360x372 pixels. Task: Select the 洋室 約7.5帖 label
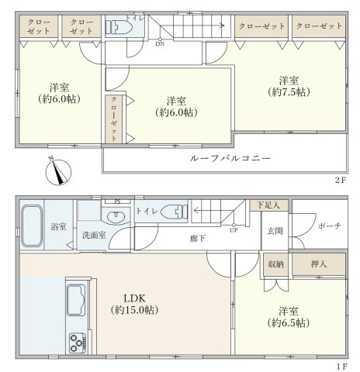coord(289,86)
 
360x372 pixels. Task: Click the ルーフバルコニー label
coord(230,158)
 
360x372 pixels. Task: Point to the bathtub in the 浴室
coord(32,226)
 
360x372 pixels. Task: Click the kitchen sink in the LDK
coord(76,300)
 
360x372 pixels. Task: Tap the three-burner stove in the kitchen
coord(78,343)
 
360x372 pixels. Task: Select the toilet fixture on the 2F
coord(119,26)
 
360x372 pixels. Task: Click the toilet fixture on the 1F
coord(174,212)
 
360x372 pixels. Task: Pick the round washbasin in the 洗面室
coord(116,215)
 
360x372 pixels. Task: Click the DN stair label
coord(160,43)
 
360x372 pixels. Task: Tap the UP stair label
coord(234,230)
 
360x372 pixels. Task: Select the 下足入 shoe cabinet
coord(268,205)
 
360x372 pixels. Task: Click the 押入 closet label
coord(319,264)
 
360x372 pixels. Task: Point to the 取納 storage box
coord(275,264)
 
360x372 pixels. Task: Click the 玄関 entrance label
coord(275,231)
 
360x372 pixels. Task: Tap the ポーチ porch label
coord(330,226)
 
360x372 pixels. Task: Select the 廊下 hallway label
coord(198,238)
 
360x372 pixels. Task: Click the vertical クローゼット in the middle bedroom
coord(114,119)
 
